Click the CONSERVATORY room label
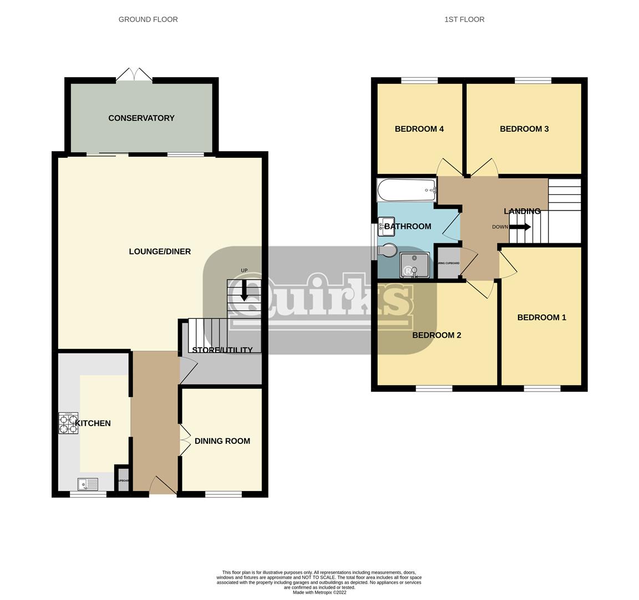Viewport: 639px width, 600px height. [141, 118]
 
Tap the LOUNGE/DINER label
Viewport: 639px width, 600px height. [160, 252]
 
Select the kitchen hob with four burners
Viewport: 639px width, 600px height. [69, 423]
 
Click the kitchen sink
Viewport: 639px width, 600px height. [88, 484]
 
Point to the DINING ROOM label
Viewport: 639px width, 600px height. [222, 441]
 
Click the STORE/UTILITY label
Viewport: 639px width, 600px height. [221, 350]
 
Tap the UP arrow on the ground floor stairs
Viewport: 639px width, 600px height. [244, 289]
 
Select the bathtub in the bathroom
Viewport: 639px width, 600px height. [407, 191]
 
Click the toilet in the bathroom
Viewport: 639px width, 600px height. [388, 251]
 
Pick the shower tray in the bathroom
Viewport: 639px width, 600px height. [414, 265]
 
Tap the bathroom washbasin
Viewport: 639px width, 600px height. [386, 226]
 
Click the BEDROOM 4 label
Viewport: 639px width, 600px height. [419, 129]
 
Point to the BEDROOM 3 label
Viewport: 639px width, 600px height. [524, 129]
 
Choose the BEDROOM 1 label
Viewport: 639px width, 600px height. [541, 318]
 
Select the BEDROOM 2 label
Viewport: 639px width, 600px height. [437, 336]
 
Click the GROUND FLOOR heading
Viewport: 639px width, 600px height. [148, 19]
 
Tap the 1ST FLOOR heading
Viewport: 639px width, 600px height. [464, 19]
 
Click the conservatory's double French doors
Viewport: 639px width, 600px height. [134, 75]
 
